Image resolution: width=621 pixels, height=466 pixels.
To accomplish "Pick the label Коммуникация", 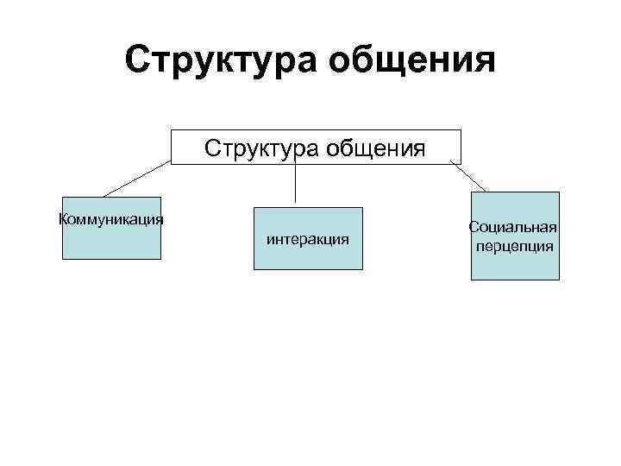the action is pyautogui.click(x=111, y=218).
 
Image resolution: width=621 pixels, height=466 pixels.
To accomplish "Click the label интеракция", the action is pyautogui.click(x=308, y=239).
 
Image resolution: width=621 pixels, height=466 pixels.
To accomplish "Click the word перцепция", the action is pyautogui.click(x=515, y=245).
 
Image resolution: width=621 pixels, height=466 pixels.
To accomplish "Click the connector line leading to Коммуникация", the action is pyautogui.click(x=138, y=179).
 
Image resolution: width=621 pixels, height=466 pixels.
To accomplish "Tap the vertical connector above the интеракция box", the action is pyautogui.click(x=297, y=186).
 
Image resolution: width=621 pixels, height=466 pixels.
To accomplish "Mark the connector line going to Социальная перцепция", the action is pyautogui.click(x=467, y=177).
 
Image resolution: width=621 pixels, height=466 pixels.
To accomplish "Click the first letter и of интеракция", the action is pyautogui.click(x=271, y=239).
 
